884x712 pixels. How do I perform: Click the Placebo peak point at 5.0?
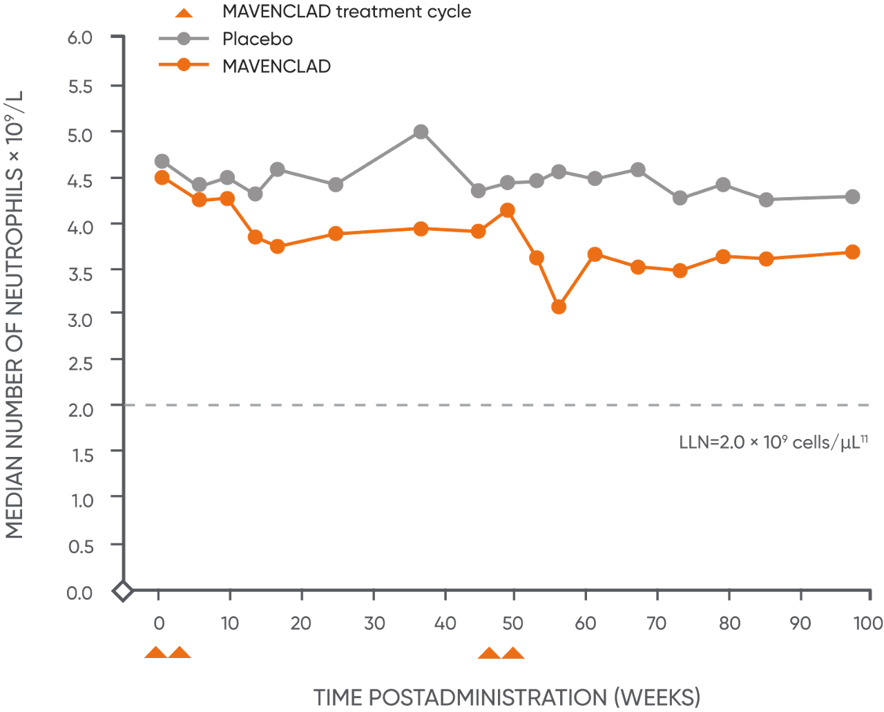pos(421,132)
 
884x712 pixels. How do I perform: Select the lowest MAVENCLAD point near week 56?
pos(559,306)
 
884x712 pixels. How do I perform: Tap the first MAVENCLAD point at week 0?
pos(162,178)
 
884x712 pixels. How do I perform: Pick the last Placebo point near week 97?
pos(853,197)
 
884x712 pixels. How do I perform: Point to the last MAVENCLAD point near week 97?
pos(853,252)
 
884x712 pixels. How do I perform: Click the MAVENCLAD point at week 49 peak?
pos(508,210)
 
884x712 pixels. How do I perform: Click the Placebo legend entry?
pos(257,39)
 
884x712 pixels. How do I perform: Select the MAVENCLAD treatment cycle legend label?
pos(347,12)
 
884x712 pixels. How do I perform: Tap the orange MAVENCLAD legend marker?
pos(184,65)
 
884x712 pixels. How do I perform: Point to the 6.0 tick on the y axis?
pos(80,37)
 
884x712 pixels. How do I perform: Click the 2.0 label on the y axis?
pos(80,409)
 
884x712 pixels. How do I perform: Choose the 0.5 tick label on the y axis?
pos(80,547)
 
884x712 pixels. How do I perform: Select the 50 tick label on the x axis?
pos(512,624)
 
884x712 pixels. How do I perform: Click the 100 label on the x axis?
pos(868,624)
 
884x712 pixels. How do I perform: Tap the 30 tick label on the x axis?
pos(374,624)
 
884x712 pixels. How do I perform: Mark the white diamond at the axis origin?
pos(123,592)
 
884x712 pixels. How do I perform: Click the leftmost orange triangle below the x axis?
pos(156,653)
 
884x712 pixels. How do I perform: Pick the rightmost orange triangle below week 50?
pos(512,653)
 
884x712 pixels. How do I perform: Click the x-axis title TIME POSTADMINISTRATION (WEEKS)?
pos(507,697)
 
